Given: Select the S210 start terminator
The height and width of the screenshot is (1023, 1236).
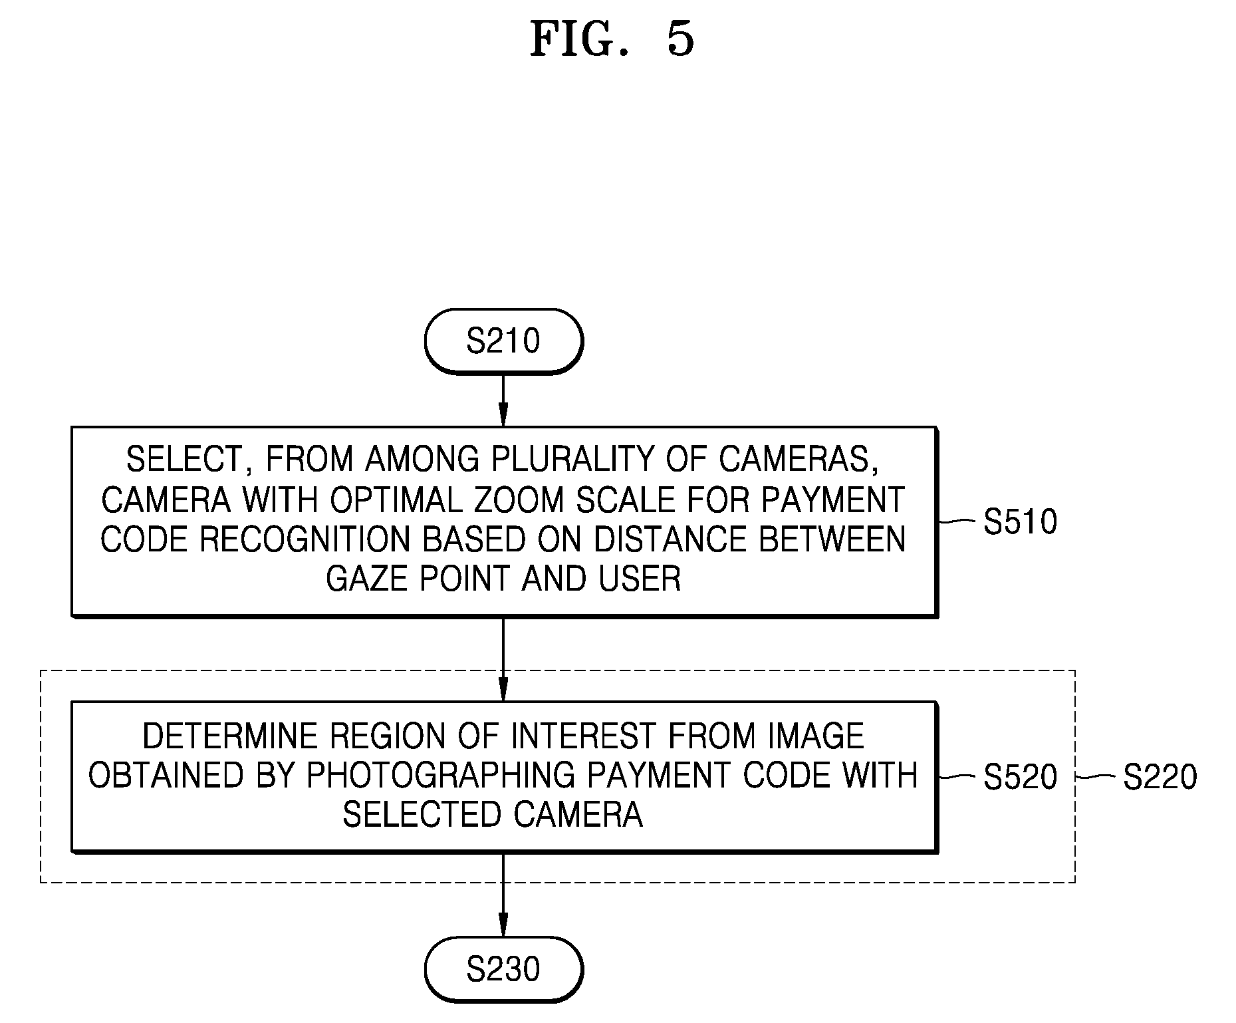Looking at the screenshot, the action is coord(503,341).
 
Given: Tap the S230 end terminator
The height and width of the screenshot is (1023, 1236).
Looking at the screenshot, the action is coord(503,969).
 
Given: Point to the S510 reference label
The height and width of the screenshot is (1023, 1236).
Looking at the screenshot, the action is coord(1021,522).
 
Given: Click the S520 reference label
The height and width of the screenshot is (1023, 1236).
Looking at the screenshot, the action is coord(1021,777).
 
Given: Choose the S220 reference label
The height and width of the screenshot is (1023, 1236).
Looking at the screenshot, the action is coord(1160,777).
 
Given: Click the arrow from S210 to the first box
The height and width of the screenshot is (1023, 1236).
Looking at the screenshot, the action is coord(503,400).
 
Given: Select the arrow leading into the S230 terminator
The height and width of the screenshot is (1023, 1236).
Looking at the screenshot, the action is coord(503,895).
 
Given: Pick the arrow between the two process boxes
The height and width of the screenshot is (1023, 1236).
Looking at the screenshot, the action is coord(503,659).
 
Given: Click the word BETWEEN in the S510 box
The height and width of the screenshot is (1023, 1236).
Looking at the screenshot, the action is coord(832,539).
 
